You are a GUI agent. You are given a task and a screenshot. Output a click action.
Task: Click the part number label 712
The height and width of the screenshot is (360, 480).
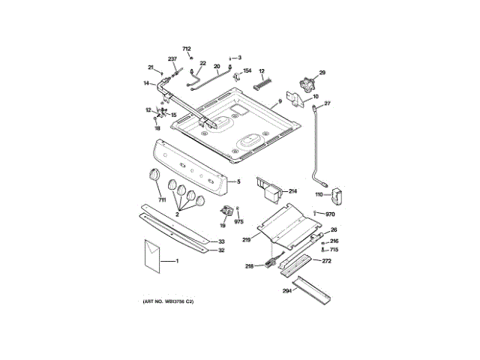click(187, 49)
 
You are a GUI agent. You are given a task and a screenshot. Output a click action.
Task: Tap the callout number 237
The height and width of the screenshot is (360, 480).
click(172, 58)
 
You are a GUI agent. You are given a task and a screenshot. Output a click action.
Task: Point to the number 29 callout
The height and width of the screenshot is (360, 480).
click(323, 73)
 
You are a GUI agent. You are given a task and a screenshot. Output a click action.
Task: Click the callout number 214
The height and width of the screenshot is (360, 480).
click(292, 191)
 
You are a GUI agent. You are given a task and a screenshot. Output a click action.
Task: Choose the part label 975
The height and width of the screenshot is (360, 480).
click(239, 221)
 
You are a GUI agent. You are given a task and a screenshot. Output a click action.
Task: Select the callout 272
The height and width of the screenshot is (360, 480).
click(326, 261)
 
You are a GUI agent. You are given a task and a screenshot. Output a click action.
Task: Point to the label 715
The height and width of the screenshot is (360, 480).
click(334, 249)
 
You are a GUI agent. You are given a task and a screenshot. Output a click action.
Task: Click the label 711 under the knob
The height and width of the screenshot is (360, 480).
click(161, 199)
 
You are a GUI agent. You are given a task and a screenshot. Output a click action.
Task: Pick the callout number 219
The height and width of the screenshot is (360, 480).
click(246, 239)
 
